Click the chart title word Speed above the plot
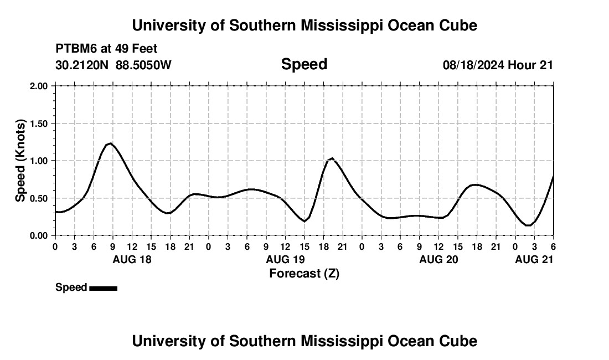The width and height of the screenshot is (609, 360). tap(304, 64)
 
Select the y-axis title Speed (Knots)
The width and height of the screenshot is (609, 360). tap(20, 161)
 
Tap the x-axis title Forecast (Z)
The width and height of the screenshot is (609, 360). tap(304, 273)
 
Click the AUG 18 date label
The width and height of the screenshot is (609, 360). tap(132, 259)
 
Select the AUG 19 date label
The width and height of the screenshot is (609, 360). tap(285, 259)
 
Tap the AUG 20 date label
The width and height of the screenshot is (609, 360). tap(438, 259)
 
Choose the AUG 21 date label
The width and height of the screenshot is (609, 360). tap(534, 259)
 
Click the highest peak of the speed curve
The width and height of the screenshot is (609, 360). tap(111, 143)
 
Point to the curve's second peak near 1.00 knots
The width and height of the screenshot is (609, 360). tap(332, 158)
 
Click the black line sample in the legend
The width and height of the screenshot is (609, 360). tap(103, 288)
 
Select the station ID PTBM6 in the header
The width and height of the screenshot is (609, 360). tap(75, 49)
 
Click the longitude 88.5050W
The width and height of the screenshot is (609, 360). tap(143, 65)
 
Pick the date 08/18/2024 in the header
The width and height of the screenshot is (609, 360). tap(473, 65)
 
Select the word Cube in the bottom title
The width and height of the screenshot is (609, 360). tap(460, 341)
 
